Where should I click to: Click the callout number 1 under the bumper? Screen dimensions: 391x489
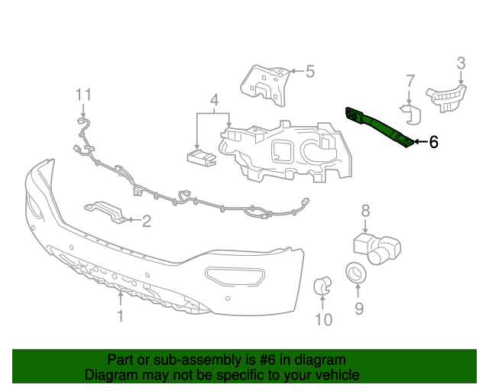pos(120,316)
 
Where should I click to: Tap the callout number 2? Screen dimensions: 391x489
pos(146,221)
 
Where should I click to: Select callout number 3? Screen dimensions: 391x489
pos(461,63)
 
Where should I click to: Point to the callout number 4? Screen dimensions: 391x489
pos(215,100)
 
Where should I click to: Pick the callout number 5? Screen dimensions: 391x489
pos(309,72)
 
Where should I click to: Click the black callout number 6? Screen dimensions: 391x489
pos(433,141)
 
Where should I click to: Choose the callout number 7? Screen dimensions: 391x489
pos(410,81)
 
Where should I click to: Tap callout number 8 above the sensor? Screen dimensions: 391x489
pos(365,210)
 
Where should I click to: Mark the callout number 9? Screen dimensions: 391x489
pos(358,309)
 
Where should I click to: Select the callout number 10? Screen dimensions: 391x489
pos(324,319)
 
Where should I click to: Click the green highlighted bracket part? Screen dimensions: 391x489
pos(380,126)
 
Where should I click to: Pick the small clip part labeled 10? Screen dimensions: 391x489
pos(324,286)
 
